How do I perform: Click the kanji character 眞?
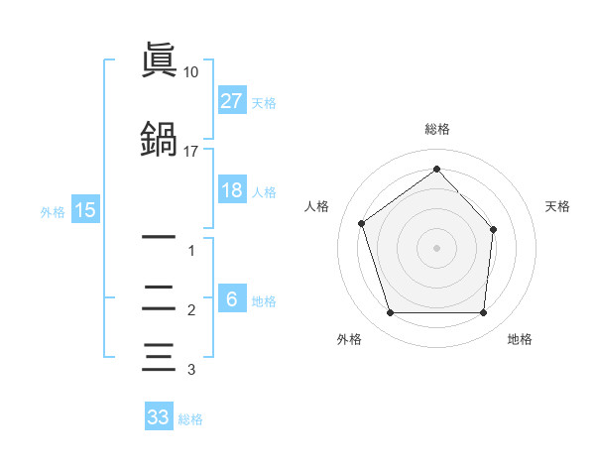tap(159, 62)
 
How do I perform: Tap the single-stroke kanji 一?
tap(159, 238)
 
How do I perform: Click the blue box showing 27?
tap(232, 100)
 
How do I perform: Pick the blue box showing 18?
tap(232, 190)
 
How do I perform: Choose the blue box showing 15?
tap(84, 210)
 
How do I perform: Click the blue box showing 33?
tap(159, 417)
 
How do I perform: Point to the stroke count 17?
tap(190, 152)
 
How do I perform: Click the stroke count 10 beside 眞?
tap(190, 72)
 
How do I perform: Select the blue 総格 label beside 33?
tap(190, 419)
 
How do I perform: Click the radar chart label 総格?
tap(436, 129)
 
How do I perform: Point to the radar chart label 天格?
tap(557, 206)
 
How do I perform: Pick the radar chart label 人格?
tap(316, 206)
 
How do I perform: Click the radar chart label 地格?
tap(520, 339)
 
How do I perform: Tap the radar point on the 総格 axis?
tap(436, 170)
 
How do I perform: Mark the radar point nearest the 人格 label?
tap(362, 223)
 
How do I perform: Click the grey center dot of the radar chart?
tap(436, 247)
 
